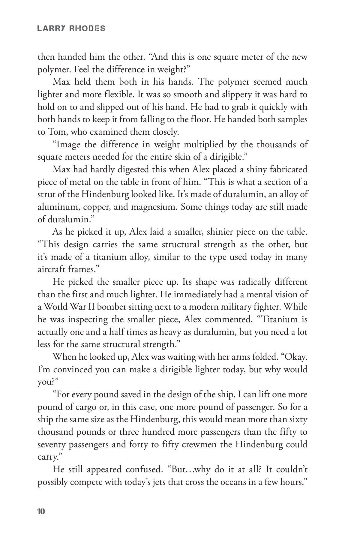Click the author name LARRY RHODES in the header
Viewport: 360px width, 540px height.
pyautogui.click(x=71, y=29)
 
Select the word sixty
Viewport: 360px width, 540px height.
pyautogui.click(x=298, y=419)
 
